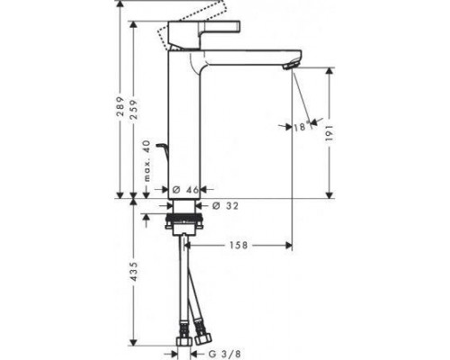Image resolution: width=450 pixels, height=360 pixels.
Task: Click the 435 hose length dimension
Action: (133, 274)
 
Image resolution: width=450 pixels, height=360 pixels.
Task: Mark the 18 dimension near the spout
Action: (299, 127)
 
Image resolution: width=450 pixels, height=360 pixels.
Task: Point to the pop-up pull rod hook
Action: (162, 148)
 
